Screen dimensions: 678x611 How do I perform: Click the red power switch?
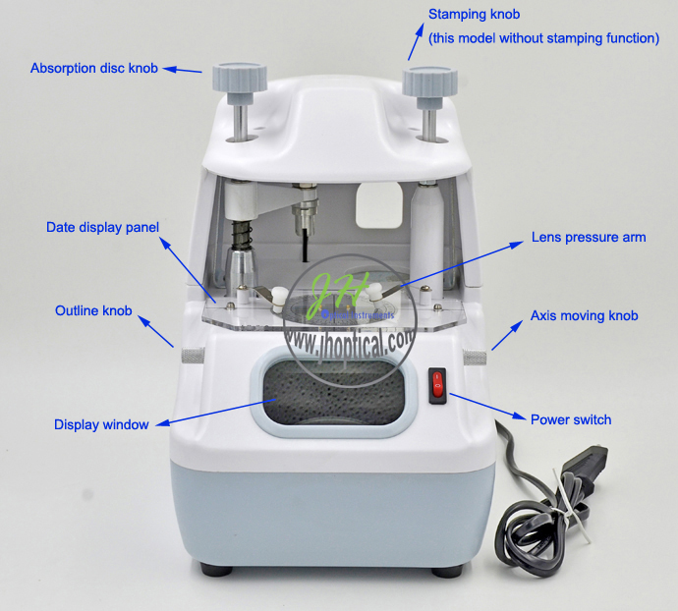pyautogui.click(x=437, y=385)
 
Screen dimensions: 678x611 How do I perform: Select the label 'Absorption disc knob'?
pyautogui.click(x=93, y=69)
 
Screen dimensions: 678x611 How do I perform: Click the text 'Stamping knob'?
pyautogui.click(x=474, y=15)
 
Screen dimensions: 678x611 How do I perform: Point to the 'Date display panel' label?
pyautogui.click(x=102, y=228)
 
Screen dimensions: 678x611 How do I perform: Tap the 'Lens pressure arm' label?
pyautogui.click(x=589, y=237)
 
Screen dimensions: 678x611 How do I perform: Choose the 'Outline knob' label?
pyautogui.click(x=93, y=310)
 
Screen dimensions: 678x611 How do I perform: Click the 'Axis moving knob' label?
pyautogui.click(x=585, y=315)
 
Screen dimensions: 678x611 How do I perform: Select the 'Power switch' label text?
pyautogui.click(x=571, y=419)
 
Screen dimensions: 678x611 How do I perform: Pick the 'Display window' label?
pyautogui.click(x=101, y=424)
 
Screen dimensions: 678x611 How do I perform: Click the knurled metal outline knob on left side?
pyautogui.click(x=193, y=356)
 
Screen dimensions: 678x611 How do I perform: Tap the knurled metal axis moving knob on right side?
pyautogui.click(x=475, y=358)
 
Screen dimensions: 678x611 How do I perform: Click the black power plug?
pyautogui.click(x=585, y=468)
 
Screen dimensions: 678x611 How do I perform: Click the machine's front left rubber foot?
pyautogui.click(x=216, y=569)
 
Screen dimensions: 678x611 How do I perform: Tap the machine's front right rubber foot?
pyautogui.click(x=447, y=571)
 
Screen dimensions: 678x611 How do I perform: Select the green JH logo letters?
pyautogui.click(x=337, y=294)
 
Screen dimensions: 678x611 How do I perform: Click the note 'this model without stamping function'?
pyautogui.click(x=544, y=38)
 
